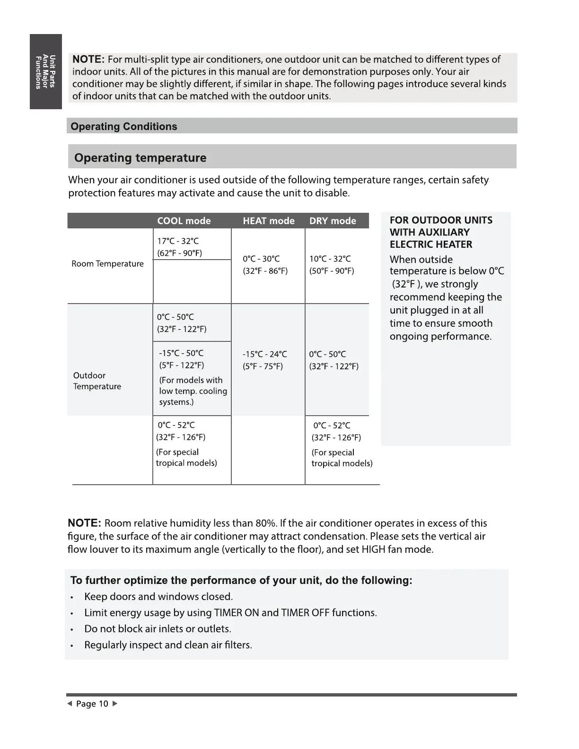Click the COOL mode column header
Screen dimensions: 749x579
(x=184, y=221)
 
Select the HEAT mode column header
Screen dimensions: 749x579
(x=268, y=221)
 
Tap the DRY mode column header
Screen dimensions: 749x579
(x=333, y=221)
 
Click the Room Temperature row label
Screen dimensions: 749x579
(x=107, y=264)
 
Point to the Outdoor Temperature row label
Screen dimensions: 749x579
(x=97, y=381)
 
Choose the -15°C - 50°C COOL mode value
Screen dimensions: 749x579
(x=181, y=353)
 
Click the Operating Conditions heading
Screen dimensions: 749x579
(x=124, y=126)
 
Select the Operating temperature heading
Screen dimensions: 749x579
(x=140, y=157)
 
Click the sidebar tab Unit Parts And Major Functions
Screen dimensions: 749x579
(x=46, y=71)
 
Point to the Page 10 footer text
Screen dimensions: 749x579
(x=92, y=704)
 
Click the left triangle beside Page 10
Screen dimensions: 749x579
(x=70, y=704)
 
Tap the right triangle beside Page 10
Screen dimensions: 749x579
(x=114, y=704)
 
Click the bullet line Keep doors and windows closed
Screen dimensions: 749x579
(x=158, y=597)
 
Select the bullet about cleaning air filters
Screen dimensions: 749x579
(x=168, y=645)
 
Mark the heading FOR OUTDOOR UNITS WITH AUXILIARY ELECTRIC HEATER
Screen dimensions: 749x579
(x=440, y=232)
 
